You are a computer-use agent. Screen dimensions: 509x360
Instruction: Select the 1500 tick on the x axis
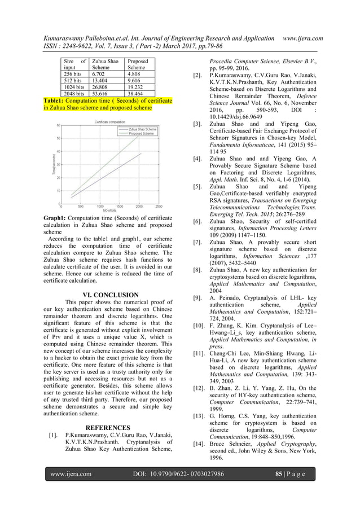(120, 206)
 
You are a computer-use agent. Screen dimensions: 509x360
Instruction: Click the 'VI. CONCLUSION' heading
(110, 295)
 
